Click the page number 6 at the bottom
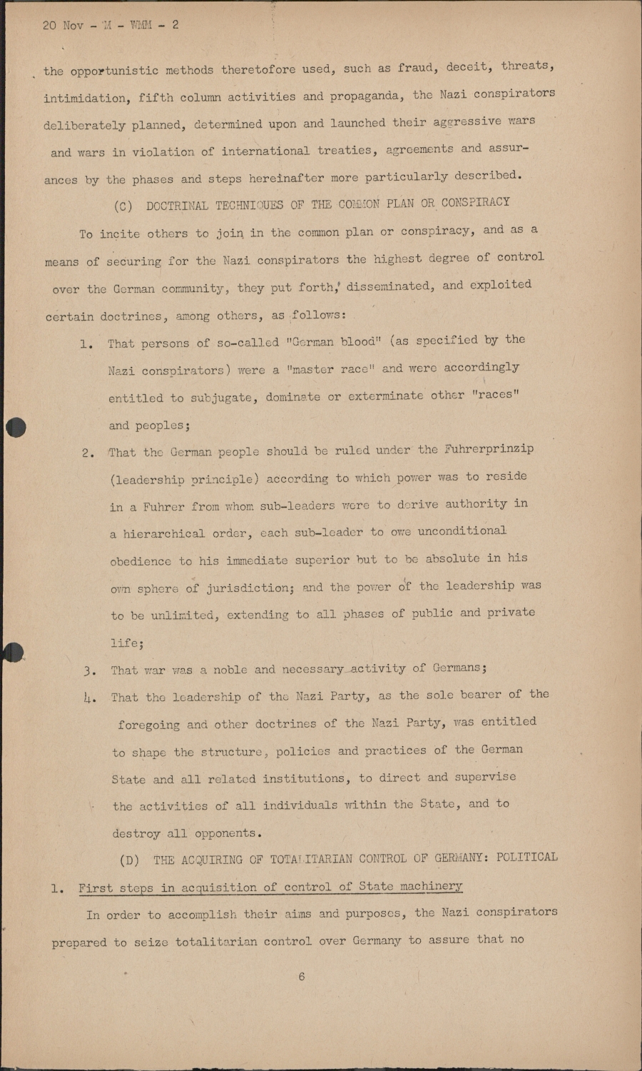click(302, 976)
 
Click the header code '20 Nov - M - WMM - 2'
click(111, 25)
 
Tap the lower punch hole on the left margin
click(14, 651)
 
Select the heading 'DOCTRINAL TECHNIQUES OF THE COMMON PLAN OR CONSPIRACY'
click(328, 204)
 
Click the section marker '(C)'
click(123, 206)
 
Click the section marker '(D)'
click(130, 860)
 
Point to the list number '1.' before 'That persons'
click(87, 344)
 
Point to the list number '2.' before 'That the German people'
click(88, 453)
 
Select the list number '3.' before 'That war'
click(90, 670)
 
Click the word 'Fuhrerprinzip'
click(489, 450)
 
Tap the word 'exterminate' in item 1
click(385, 396)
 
